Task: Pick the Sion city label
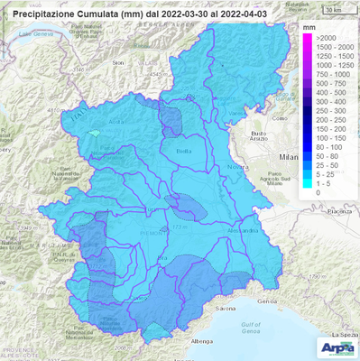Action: [116, 63]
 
